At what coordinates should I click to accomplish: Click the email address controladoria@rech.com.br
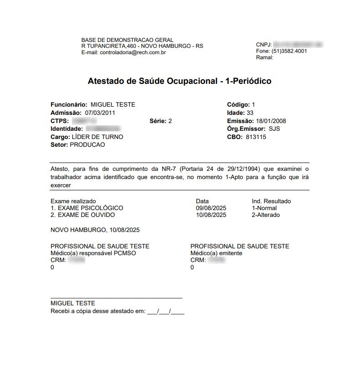[133, 52]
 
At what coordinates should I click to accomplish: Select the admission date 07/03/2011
[100, 113]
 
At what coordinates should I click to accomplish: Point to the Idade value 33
[250, 113]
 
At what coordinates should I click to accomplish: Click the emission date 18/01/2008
[271, 121]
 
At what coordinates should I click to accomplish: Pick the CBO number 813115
[256, 137]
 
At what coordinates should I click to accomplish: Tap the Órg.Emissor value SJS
[274, 129]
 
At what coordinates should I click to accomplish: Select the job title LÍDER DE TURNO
[97, 137]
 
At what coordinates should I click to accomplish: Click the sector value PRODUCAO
[87, 144]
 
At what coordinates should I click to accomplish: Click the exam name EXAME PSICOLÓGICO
[89, 208]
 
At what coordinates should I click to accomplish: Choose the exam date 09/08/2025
[211, 208]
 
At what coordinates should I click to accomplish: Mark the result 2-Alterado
[266, 215]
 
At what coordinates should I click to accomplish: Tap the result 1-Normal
[264, 208]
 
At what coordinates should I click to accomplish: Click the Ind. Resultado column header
[271, 201]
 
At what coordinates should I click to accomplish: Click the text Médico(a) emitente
[216, 253]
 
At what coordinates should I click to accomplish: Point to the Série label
[157, 121]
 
